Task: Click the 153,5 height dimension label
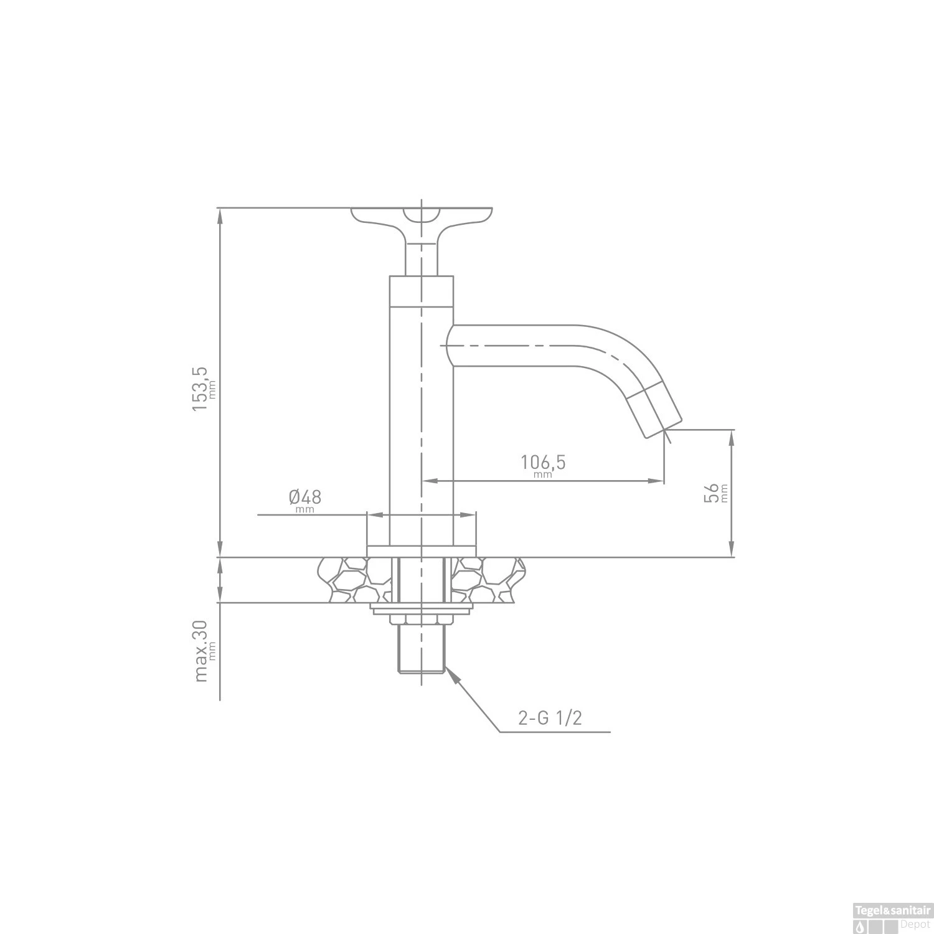click(200, 387)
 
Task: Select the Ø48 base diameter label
click(304, 498)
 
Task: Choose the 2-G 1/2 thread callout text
click(550, 719)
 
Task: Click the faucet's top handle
click(422, 218)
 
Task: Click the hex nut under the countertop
click(421, 619)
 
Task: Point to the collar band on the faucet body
click(422, 291)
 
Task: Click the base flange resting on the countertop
click(422, 551)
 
